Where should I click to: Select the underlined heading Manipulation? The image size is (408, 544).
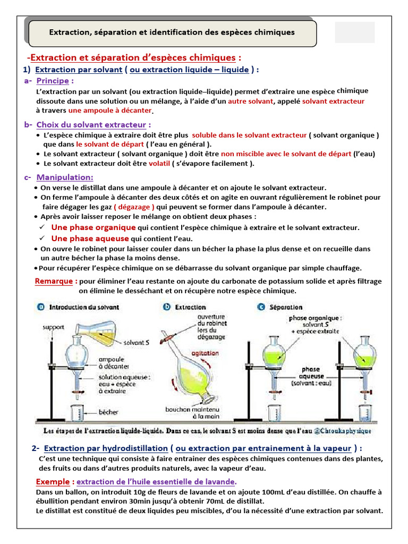pos(65,177)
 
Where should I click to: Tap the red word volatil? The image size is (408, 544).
pos(159,164)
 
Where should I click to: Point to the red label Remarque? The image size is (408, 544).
pos(55,281)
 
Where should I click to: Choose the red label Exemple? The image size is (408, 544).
pos(54,481)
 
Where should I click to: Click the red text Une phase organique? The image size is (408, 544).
pos(93,227)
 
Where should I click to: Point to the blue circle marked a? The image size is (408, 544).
pos(41,307)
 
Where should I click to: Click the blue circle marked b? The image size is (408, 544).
pos(166,307)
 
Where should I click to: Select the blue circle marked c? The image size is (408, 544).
pos(261,307)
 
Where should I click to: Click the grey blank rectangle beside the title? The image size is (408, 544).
pos(355,32)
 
